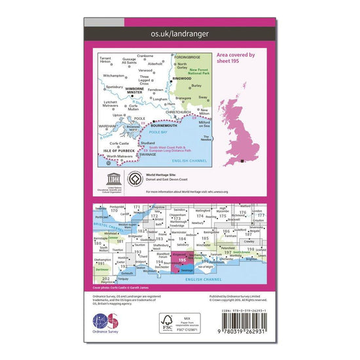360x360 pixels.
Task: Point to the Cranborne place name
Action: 145,56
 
